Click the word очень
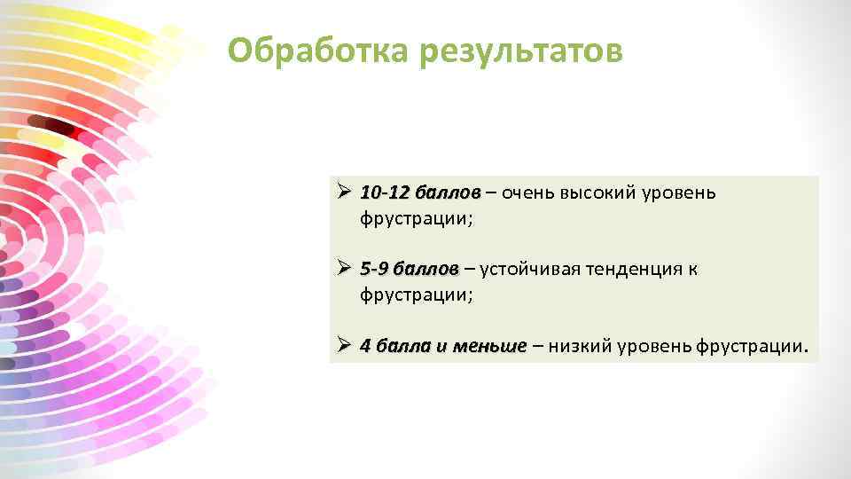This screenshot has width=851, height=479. (x=528, y=192)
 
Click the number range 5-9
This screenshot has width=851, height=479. (x=373, y=268)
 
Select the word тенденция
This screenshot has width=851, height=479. (x=630, y=268)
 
